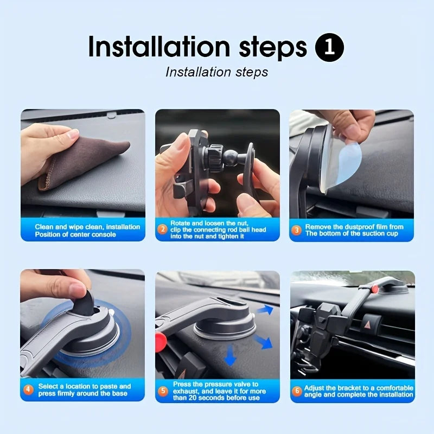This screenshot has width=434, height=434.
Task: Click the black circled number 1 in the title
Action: point(329,48)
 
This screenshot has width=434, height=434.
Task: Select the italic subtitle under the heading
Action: point(216,72)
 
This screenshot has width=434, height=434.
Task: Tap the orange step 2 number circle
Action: point(162,229)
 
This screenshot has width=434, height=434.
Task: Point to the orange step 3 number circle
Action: point(296,230)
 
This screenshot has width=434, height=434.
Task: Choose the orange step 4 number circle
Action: point(28,390)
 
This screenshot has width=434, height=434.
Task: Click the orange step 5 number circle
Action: point(163,391)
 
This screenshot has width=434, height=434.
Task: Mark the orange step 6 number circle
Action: point(297,391)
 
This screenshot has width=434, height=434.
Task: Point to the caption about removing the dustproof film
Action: point(354,230)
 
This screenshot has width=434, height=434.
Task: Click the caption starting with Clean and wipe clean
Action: point(87,231)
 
